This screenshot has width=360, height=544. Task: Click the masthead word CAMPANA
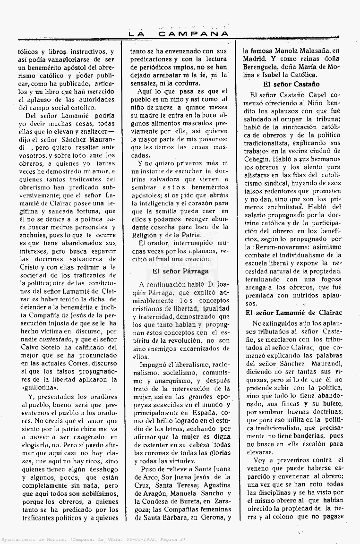pyautogui.click(x=193, y=34)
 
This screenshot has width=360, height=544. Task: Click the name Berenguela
pyautogui.click(x=262, y=67)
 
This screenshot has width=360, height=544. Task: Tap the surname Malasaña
pyautogui.click(x=317, y=50)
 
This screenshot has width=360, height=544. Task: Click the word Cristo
pyautogui.click(x=29, y=267)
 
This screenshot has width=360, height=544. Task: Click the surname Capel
pyautogui.click(x=310, y=95)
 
